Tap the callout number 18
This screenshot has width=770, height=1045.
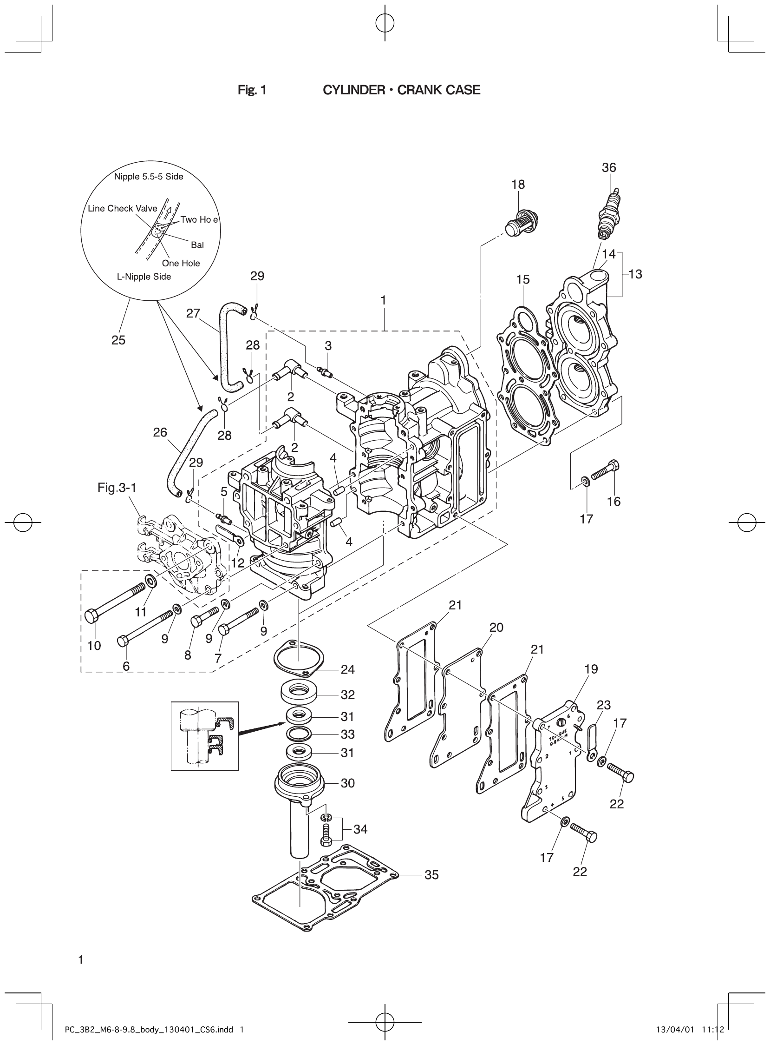(x=518, y=185)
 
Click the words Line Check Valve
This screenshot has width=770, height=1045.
(x=123, y=209)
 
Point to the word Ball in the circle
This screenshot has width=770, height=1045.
(x=198, y=245)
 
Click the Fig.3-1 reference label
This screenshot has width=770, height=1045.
(x=117, y=488)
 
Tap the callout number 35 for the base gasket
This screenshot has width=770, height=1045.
(x=431, y=875)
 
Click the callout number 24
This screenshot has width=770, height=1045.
(x=348, y=669)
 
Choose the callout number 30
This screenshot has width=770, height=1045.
(x=348, y=783)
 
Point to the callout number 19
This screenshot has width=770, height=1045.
(x=591, y=669)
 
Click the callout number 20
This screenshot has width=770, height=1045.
(x=496, y=628)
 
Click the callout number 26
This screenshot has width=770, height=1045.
(x=160, y=432)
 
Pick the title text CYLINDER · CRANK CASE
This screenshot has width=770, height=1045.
(x=401, y=90)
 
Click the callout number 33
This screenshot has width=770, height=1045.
(x=348, y=734)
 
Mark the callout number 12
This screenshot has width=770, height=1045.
(x=238, y=562)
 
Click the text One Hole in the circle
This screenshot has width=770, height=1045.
(x=181, y=263)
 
